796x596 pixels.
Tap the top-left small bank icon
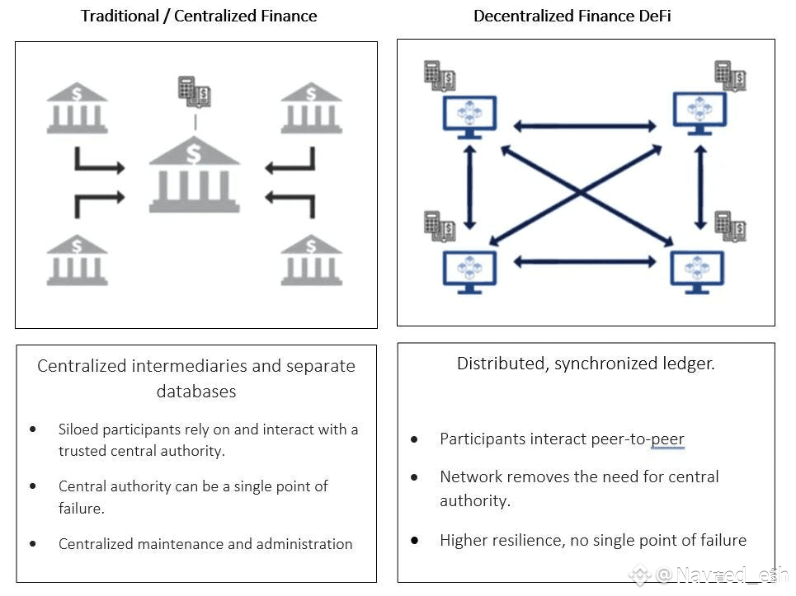click(x=77, y=108)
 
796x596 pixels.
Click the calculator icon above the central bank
click(x=195, y=92)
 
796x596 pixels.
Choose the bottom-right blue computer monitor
click(x=697, y=272)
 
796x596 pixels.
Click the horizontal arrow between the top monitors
click(x=585, y=126)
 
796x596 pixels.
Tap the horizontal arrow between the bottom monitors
click(x=585, y=262)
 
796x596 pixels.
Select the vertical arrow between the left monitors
click(x=470, y=188)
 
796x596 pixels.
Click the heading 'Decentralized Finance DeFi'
click(x=572, y=16)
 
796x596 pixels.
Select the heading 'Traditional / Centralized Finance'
click(x=199, y=16)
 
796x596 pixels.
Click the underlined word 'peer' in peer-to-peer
click(x=667, y=439)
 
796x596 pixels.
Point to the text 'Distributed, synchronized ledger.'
click(x=586, y=364)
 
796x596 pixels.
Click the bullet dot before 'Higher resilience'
click(x=415, y=541)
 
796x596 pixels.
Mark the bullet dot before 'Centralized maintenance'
click(x=33, y=544)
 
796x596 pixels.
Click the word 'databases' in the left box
click(x=196, y=392)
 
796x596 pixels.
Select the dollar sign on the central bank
click(x=193, y=153)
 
